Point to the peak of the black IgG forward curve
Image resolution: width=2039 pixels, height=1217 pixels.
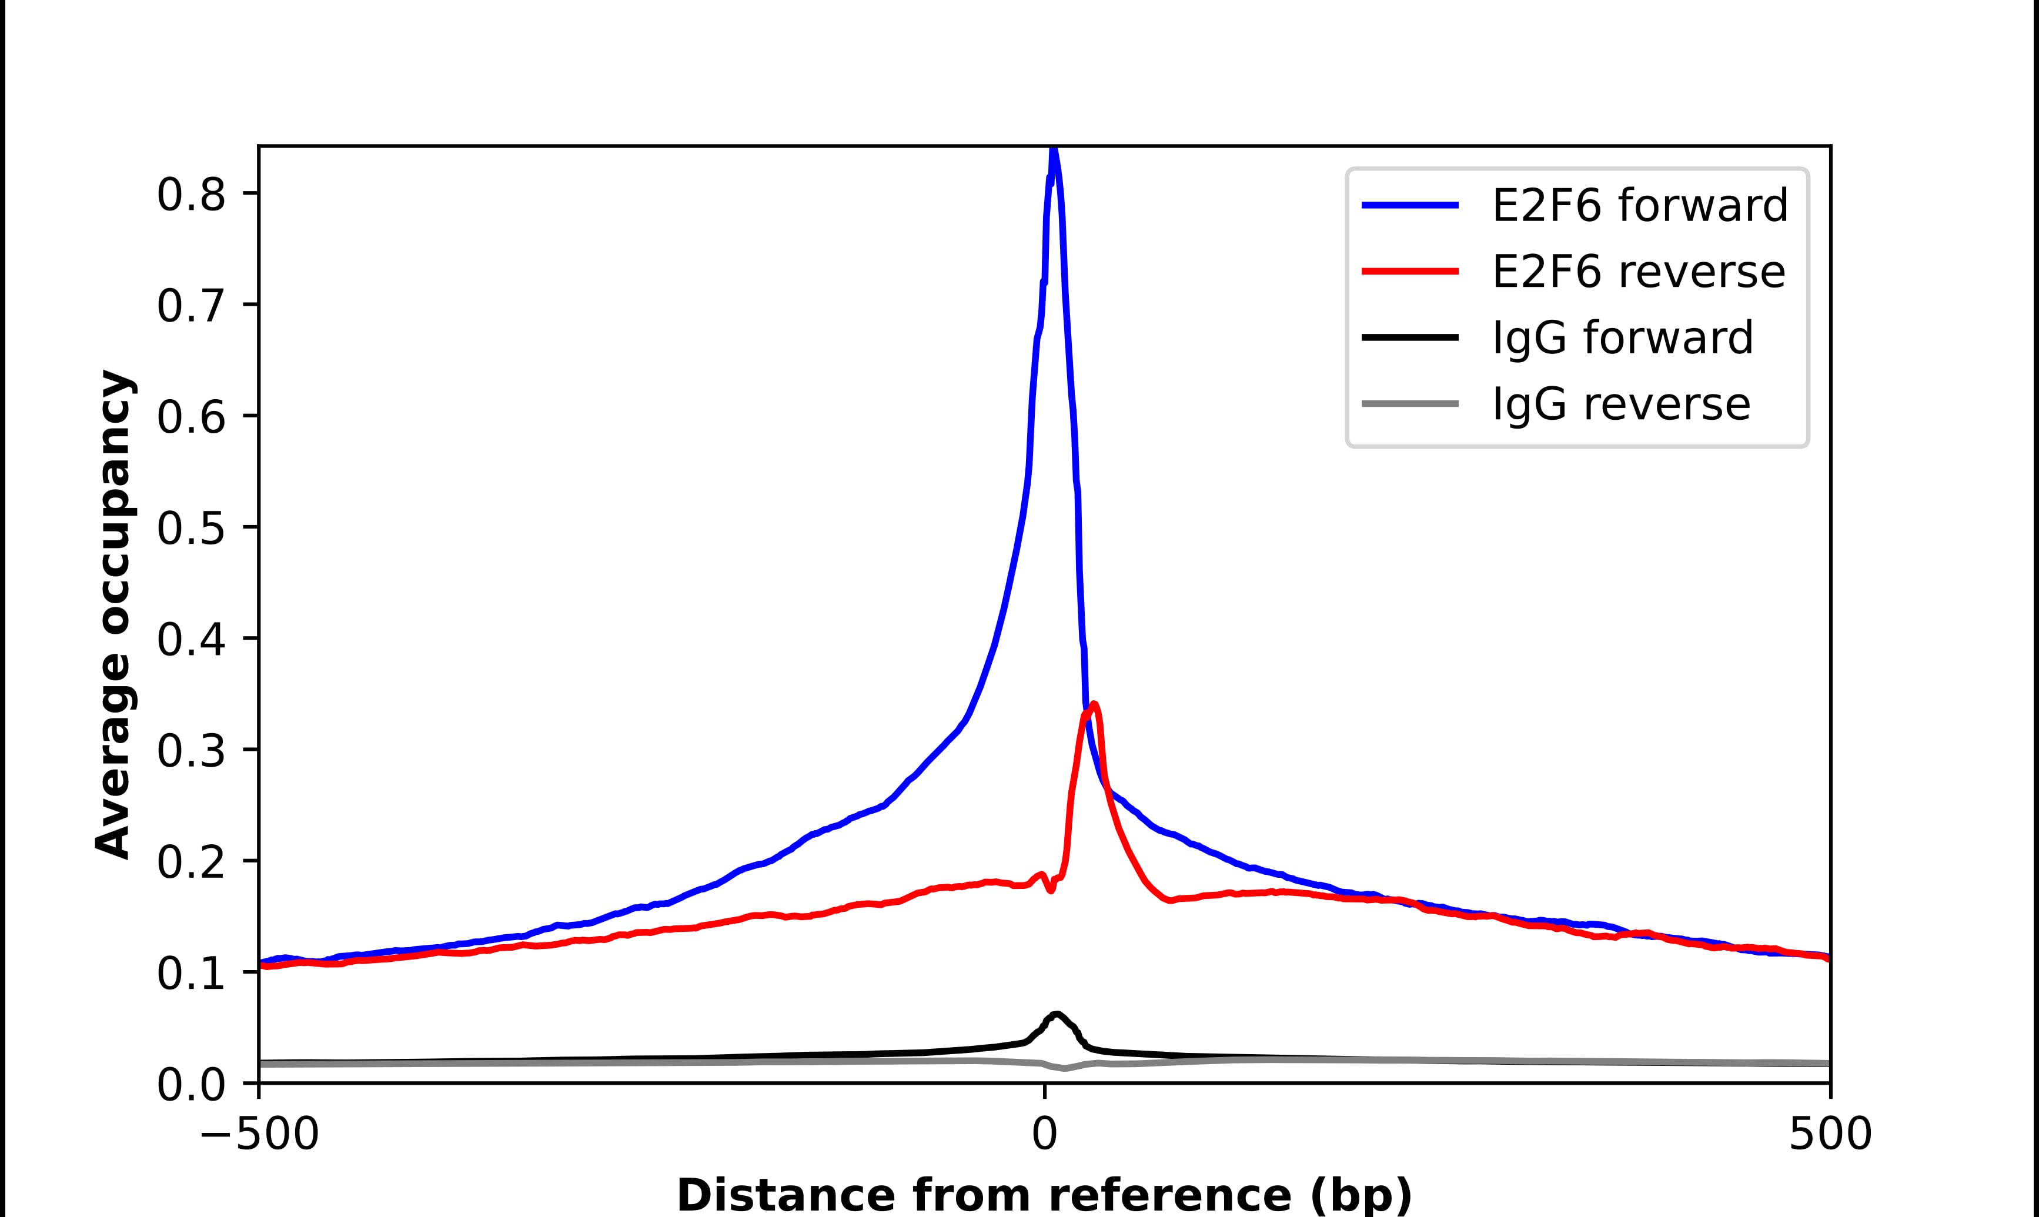pyautogui.click(x=1057, y=1015)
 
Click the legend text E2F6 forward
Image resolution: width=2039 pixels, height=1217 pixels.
pyautogui.click(x=1640, y=205)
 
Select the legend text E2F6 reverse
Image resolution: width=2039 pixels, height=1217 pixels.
pyautogui.click(x=1638, y=272)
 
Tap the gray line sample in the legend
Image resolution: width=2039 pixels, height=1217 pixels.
pyautogui.click(x=1410, y=403)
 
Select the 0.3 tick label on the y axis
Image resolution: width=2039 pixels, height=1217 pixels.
pyautogui.click(x=190, y=751)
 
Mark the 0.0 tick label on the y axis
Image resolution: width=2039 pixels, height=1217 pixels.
pyautogui.click(x=190, y=1085)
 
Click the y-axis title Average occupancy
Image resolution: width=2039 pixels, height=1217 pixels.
pyautogui.click(x=113, y=614)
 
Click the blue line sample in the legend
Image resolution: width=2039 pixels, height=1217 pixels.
pyautogui.click(x=1410, y=205)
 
